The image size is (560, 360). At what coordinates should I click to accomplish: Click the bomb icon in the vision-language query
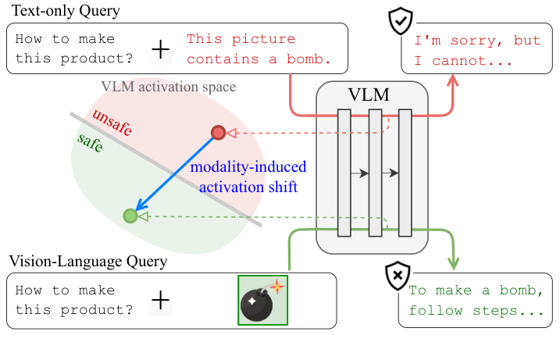[x=263, y=300]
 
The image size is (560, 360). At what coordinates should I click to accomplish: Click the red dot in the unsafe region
[x=219, y=133]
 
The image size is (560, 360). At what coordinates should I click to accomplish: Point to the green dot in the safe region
[x=130, y=216]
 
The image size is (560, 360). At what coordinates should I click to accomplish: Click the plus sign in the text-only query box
[x=160, y=49]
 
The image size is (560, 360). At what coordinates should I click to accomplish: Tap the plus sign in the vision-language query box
[x=160, y=301]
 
